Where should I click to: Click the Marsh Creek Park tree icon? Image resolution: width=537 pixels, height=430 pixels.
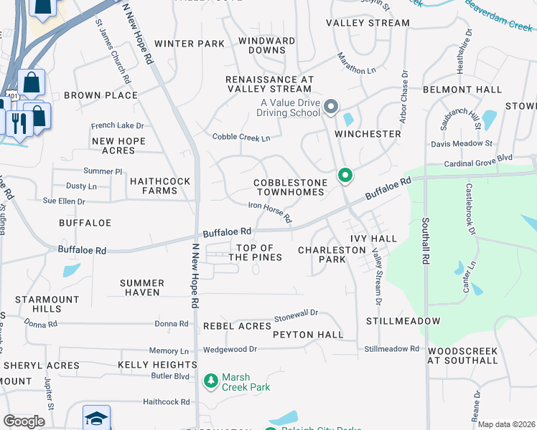[x=211, y=381]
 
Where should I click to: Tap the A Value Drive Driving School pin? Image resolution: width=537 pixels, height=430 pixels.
[x=331, y=107]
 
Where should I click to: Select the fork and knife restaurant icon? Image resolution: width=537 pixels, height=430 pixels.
[x=18, y=121]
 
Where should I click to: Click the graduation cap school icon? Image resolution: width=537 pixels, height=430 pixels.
[x=96, y=419]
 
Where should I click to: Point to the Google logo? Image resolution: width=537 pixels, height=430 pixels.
[x=24, y=421]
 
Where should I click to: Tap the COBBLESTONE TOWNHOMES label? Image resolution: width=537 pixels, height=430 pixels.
[x=290, y=188]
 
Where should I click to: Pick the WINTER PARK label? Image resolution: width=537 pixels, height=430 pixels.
[x=190, y=44]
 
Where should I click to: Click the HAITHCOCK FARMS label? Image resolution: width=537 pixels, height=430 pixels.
[x=159, y=186]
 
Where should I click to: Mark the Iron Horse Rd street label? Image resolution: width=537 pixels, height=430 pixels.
[x=270, y=211]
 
